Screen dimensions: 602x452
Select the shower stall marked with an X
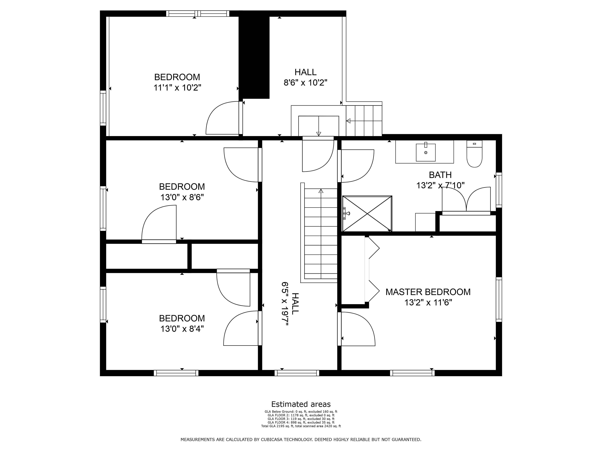(367, 214)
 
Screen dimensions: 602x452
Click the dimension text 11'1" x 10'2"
(177, 88)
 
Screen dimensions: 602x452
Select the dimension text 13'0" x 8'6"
(182, 197)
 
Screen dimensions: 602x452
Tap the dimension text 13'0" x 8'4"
(182, 329)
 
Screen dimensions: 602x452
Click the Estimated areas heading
(301, 404)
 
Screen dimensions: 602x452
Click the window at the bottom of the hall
(297, 373)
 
